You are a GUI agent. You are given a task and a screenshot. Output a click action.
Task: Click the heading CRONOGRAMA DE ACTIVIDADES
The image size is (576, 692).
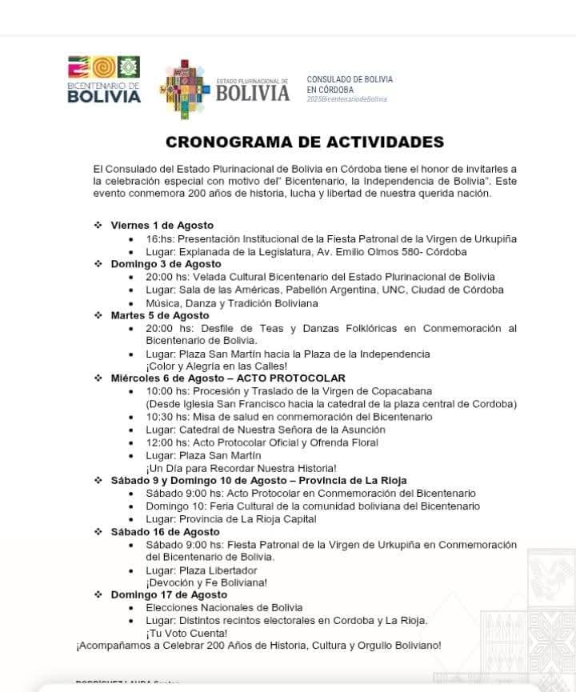pyautogui.click(x=304, y=142)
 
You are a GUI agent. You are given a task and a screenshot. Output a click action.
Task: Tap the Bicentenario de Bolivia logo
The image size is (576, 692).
pyautogui.click(x=104, y=80)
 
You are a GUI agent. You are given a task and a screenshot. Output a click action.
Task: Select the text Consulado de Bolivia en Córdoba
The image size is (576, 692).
pyautogui.click(x=350, y=85)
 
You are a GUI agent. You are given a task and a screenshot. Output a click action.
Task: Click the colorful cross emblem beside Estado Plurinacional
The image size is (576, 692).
pyautogui.click(x=186, y=88)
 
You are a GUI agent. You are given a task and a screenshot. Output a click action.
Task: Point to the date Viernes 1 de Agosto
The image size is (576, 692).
pyautogui.click(x=162, y=226)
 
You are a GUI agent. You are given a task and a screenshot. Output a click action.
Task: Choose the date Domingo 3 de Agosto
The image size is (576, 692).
pyautogui.click(x=166, y=264)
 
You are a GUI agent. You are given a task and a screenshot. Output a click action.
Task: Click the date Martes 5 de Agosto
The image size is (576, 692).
pyautogui.click(x=161, y=315)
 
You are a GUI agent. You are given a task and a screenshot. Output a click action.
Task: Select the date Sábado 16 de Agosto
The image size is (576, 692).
pyautogui.click(x=165, y=532)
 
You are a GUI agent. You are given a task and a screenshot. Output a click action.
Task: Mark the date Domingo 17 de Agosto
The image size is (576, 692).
pyautogui.click(x=169, y=594)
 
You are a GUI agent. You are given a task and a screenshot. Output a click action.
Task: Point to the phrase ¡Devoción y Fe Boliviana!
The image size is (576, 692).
pyautogui.click(x=206, y=582)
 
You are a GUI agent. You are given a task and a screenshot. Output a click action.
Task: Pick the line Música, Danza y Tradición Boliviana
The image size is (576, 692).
pyautogui.click(x=232, y=303)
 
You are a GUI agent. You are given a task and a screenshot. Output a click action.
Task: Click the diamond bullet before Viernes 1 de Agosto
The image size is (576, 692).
pyautogui.click(x=98, y=226)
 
